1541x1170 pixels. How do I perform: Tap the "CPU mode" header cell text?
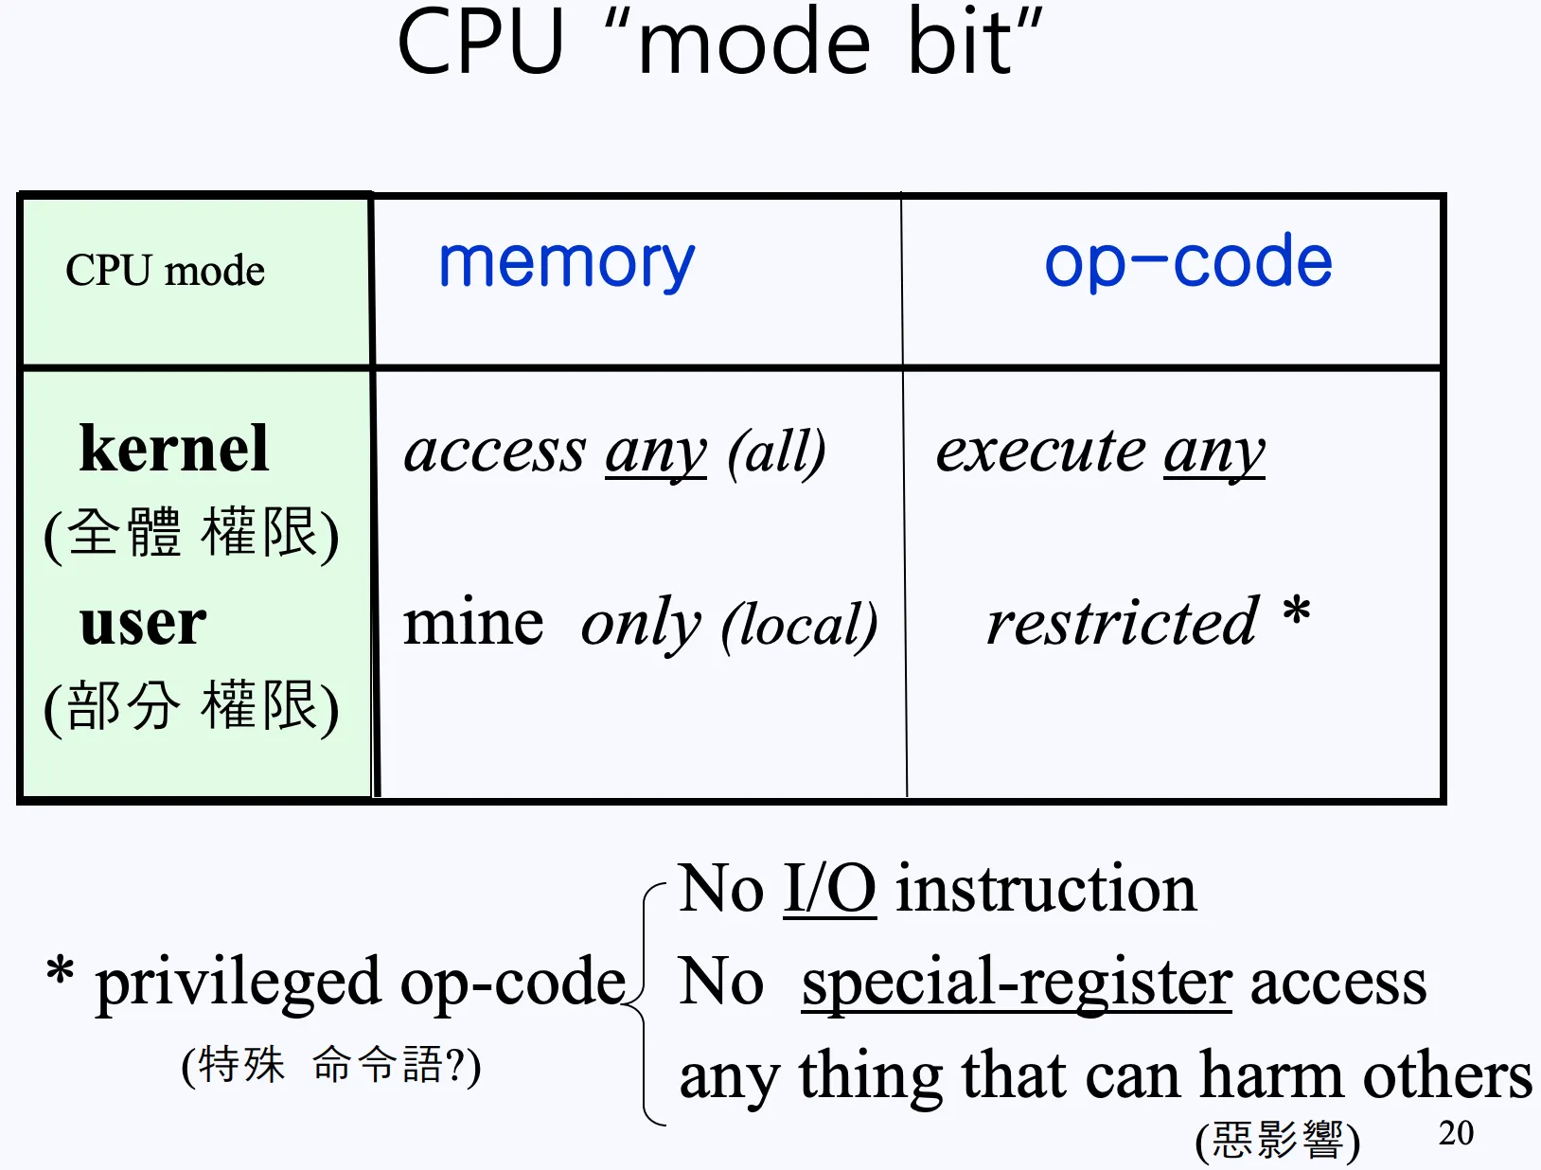(165, 271)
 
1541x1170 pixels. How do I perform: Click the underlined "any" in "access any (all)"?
(655, 452)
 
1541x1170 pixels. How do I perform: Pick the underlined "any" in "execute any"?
(1213, 452)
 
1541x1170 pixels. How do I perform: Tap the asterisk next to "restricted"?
(1297, 613)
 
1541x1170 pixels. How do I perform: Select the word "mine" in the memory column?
(473, 624)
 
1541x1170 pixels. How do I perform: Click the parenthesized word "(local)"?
(799, 626)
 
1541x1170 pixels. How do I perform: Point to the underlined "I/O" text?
(829, 889)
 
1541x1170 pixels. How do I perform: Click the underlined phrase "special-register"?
(1016, 983)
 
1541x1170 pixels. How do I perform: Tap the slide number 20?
(1456, 1132)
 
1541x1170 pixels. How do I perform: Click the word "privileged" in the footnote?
(238, 983)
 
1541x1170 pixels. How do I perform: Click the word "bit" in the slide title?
(960, 44)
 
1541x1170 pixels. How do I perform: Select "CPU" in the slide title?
(480, 44)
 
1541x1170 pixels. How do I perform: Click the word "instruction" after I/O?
(1046, 889)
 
